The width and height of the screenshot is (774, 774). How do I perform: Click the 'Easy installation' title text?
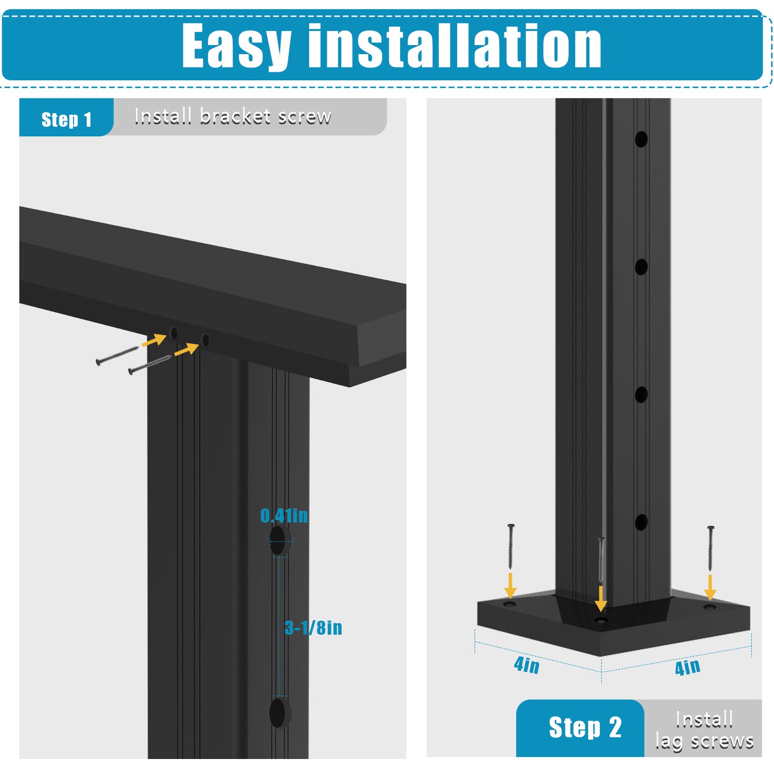tap(392, 46)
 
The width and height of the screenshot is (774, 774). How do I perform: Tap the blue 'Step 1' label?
tap(66, 119)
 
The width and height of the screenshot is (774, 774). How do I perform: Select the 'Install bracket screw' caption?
tap(232, 116)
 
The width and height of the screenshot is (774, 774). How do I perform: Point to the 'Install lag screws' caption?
tap(704, 730)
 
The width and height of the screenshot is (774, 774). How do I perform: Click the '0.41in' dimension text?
tap(284, 516)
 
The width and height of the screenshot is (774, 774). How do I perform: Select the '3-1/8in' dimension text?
tap(313, 628)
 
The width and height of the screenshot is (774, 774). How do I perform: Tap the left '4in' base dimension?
tap(527, 665)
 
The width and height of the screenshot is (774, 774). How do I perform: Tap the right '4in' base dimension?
tap(687, 667)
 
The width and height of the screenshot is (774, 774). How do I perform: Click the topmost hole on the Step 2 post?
tap(641, 139)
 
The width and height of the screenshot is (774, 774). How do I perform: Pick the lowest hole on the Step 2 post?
tap(641, 522)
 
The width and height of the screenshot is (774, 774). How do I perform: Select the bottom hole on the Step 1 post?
tap(280, 712)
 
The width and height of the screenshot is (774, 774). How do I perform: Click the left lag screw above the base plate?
tap(510, 547)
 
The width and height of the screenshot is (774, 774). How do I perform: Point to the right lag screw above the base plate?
tap(710, 548)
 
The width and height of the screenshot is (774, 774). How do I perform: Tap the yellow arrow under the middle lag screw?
tap(601, 598)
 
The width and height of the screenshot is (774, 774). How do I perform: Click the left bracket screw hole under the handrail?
tap(174, 333)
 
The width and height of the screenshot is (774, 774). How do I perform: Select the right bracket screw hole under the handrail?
tap(205, 340)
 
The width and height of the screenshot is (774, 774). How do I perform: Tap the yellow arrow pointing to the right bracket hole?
tap(187, 349)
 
